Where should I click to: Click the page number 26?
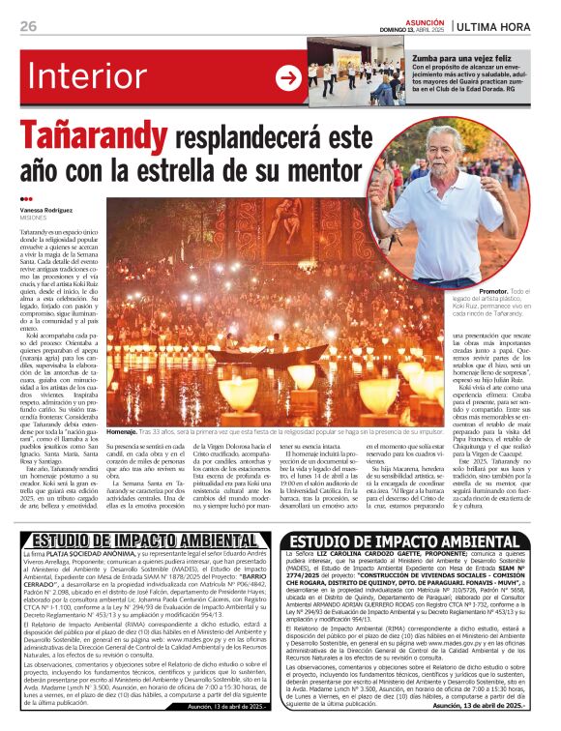[28, 26]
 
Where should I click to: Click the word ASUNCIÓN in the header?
[425, 19]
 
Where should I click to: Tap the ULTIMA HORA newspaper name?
[504, 25]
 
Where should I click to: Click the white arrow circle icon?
[288, 77]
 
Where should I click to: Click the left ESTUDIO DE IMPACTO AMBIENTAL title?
[142, 540]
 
